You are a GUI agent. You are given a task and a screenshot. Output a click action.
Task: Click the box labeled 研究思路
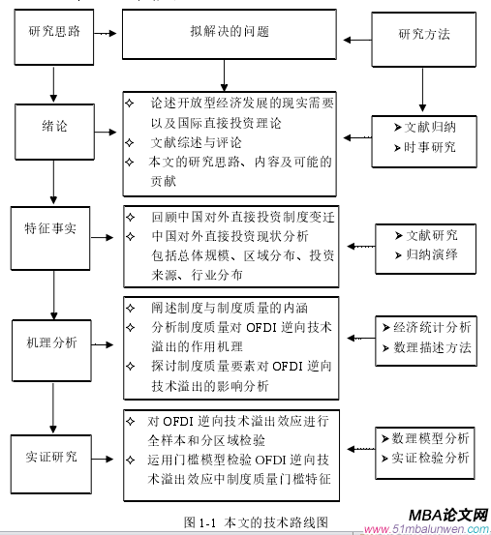(53, 34)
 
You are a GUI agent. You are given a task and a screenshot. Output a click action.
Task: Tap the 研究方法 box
(424, 35)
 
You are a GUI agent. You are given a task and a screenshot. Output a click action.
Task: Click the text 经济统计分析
(426, 327)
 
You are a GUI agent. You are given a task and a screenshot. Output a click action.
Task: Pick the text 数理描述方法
(426, 346)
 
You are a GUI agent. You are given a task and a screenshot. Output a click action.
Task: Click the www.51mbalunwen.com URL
(426, 529)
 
